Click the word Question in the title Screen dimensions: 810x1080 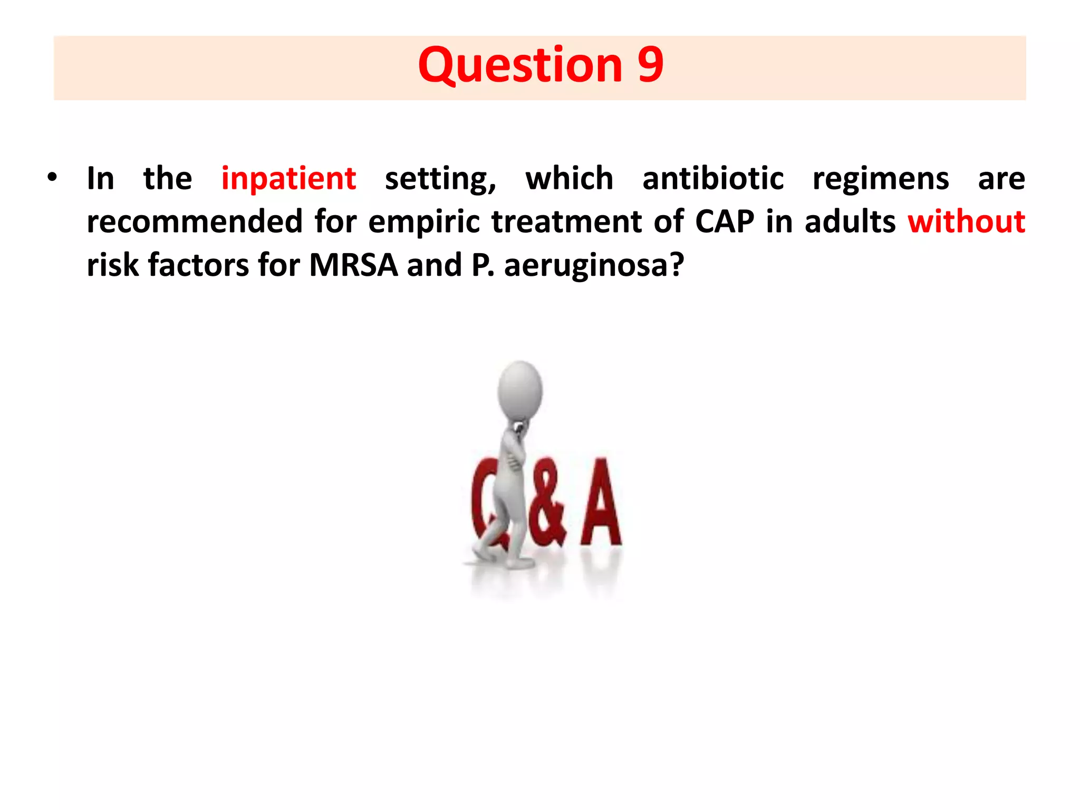click(x=519, y=65)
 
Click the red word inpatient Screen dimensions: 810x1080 click(x=288, y=179)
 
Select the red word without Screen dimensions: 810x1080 click(x=966, y=221)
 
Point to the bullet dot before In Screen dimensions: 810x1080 click(x=51, y=178)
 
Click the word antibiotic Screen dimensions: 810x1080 click(x=712, y=179)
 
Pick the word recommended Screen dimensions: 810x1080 click(x=195, y=221)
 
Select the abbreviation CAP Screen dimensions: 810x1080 click(x=725, y=221)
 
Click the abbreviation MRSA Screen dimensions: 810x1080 click(x=353, y=265)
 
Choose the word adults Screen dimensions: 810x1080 click(x=850, y=221)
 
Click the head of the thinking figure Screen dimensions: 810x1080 click(x=520, y=390)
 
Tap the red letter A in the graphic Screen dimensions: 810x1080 click(x=601, y=504)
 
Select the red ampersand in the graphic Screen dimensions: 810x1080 click(x=548, y=506)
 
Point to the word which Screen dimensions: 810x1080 click(x=569, y=179)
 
